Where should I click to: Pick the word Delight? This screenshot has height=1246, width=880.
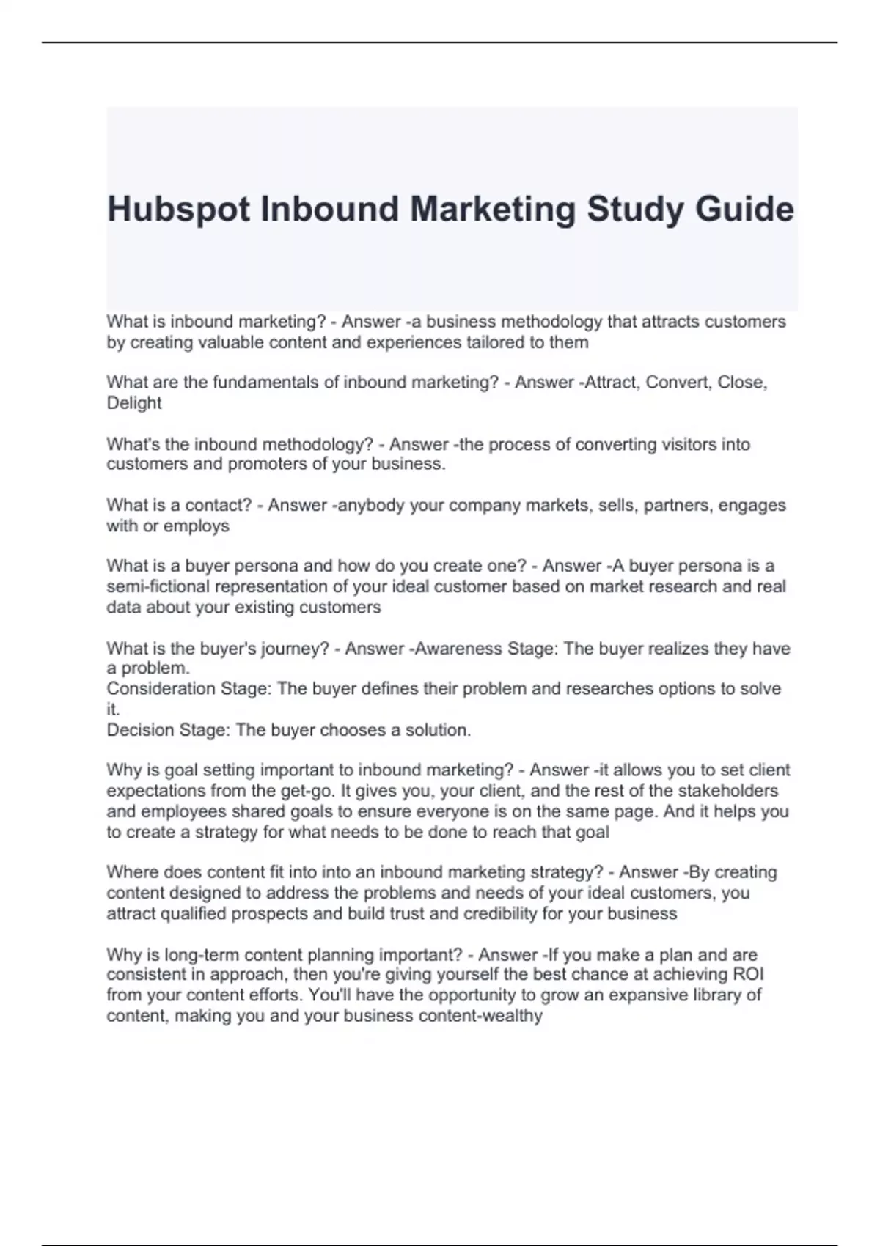[x=134, y=403]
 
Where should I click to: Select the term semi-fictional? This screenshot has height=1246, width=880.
[x=154, y=586]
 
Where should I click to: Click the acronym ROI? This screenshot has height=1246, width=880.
[x=749, y=975]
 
